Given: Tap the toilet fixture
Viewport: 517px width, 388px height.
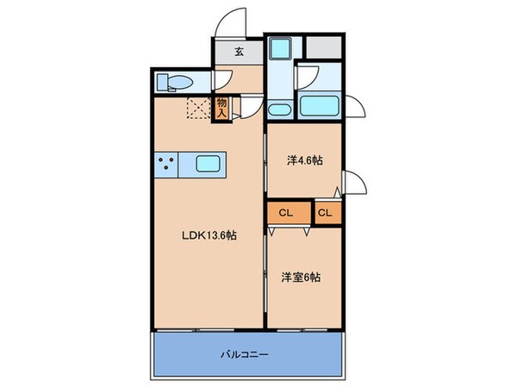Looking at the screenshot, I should tap(175, 83).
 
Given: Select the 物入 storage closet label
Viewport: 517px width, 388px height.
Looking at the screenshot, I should tap(221, 108).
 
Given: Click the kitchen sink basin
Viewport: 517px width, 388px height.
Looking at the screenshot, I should tap(209, 164).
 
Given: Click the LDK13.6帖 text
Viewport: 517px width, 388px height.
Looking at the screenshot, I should tap(209, 239).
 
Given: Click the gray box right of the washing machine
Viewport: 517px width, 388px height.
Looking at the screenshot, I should tap(329, 50).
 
